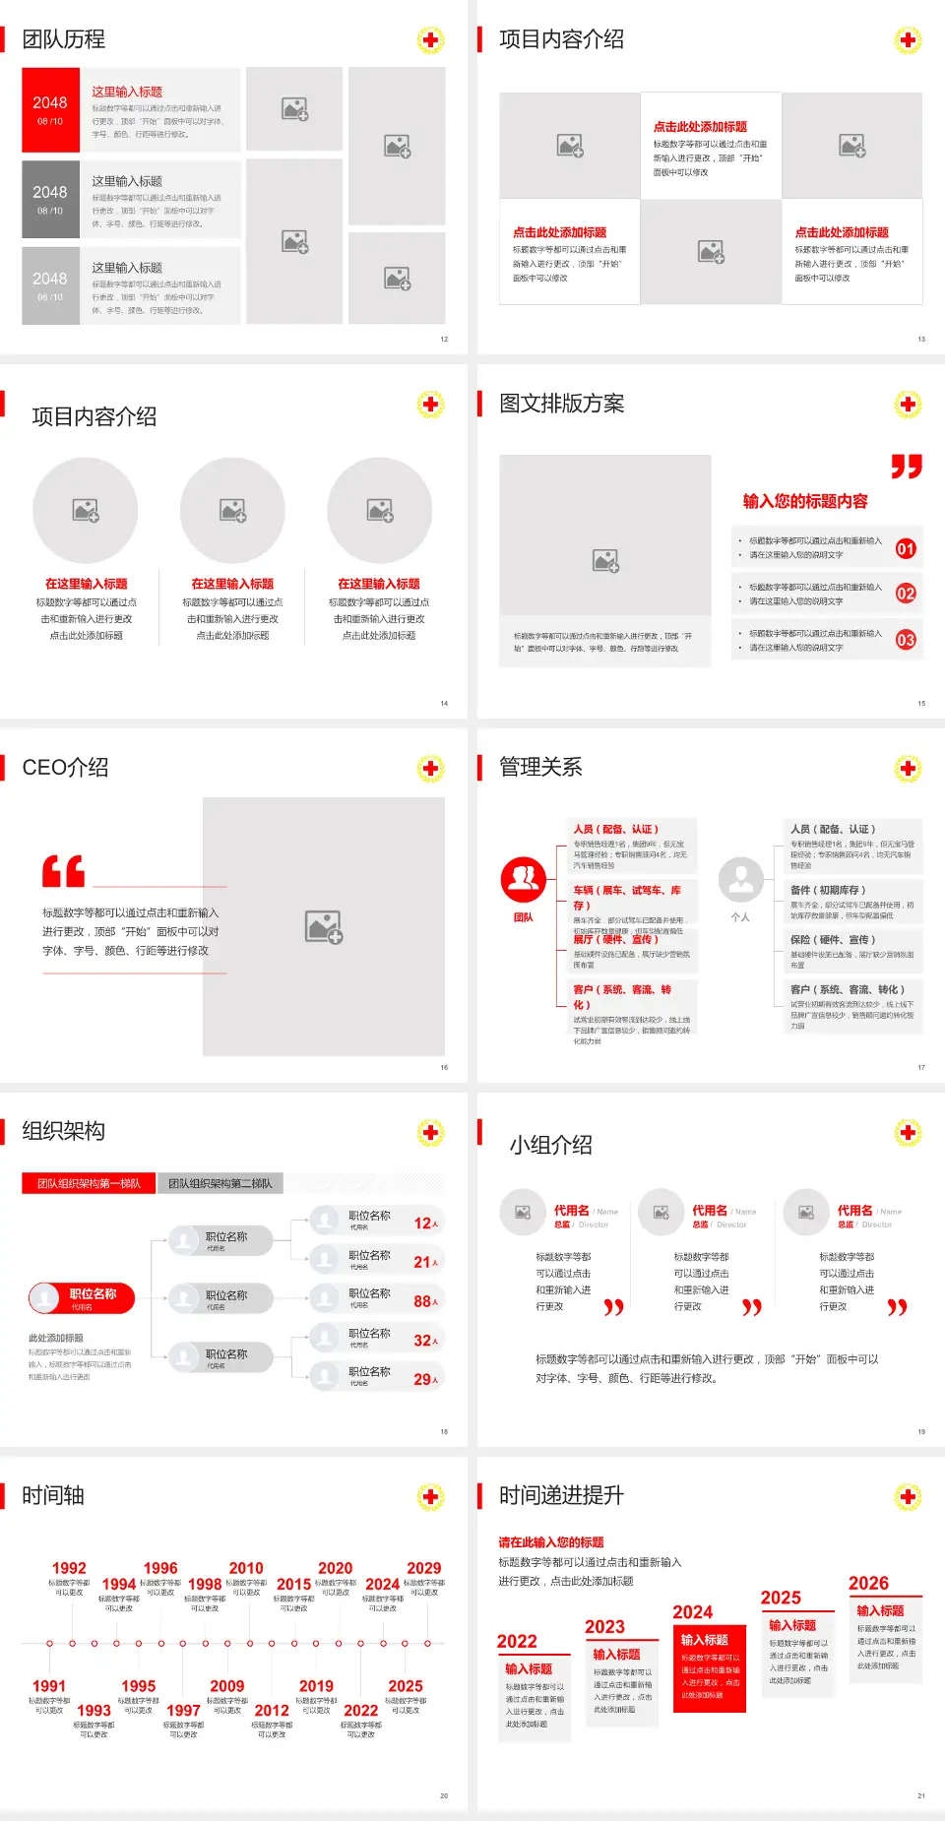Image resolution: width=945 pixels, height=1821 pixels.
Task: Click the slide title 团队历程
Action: pos(64,39)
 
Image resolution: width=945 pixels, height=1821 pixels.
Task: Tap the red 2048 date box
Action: pos(50,109)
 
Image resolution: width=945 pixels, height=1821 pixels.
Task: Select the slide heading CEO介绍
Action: pos(65,768)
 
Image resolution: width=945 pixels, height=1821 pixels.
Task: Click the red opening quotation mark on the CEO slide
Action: pos(63,871)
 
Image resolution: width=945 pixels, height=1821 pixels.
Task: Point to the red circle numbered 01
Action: pos(906,548)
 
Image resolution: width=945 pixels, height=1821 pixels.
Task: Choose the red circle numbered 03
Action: pos(906,640)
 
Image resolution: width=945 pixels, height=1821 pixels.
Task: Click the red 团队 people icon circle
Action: pos(524,880)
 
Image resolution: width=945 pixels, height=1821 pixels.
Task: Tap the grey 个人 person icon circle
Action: pos(740,880)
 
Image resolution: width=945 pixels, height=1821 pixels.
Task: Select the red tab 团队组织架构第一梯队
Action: pos(89,1183)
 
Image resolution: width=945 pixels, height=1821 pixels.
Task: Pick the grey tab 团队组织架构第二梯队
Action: pos(220,1183)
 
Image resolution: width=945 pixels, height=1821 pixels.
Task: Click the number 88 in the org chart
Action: pos(422,1301)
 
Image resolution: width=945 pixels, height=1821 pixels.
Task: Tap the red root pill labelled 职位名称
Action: pos(82,1298)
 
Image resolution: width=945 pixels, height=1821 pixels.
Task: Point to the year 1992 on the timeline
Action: pos(69,1568)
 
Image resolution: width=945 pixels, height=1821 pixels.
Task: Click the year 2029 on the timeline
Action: pos(423,1568)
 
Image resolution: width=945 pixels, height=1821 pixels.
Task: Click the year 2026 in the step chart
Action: pos(868,1583)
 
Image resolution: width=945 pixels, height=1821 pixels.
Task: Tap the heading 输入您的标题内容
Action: pos(805,501)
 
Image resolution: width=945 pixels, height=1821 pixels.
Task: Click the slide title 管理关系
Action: pos(540,768)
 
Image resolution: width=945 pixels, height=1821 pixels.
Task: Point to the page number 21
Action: pos(921,1795)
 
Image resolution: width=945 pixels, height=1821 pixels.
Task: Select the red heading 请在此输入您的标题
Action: pos(551,1542)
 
